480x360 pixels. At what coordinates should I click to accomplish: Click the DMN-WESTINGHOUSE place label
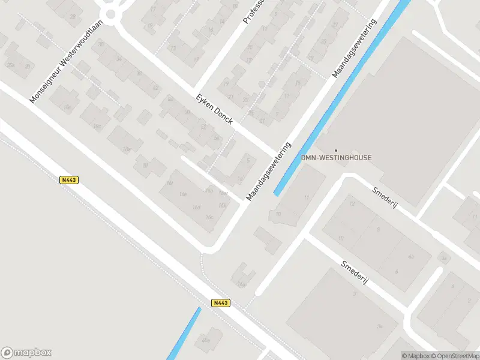[x=336, y=158]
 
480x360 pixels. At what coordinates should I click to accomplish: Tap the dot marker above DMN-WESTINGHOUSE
[x=336, y=150]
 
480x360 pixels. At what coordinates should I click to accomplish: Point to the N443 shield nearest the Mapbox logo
[x=69, y=179]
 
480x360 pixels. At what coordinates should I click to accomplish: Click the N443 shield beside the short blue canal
[x=221, y=303]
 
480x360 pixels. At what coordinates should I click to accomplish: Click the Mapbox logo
[x=26, y=353]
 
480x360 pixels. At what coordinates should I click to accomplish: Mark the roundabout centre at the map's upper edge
[x=111, y=13]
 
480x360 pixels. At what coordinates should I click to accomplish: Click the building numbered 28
[x=73, y=16]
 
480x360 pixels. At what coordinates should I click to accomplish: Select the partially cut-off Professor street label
[x=254, y=12]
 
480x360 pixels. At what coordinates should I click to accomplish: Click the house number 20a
[x=11, y=65]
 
